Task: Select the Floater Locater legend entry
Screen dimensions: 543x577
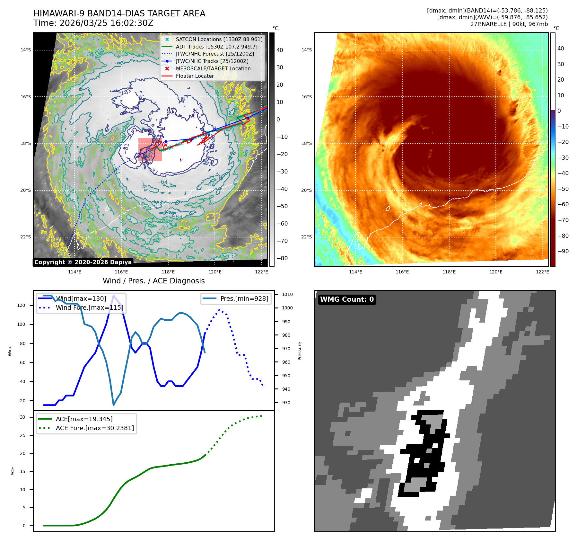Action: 195,76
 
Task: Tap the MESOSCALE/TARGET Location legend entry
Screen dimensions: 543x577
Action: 213,68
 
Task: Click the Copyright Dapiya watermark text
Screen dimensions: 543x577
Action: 83,262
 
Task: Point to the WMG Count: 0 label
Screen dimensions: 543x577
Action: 347,299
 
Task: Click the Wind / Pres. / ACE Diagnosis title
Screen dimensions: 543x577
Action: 153,281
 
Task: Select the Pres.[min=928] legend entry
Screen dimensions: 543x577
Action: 244,298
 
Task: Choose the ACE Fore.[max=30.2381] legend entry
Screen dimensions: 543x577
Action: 95,428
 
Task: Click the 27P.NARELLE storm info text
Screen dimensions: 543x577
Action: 509,24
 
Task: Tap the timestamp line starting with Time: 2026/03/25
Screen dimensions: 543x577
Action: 93,23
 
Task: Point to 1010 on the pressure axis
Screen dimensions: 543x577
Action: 287,294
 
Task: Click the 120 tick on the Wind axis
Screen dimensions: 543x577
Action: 21,305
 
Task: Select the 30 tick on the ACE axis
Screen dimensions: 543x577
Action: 22,417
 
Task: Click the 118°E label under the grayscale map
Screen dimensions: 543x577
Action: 168,272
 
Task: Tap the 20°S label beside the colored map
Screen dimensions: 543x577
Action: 306,190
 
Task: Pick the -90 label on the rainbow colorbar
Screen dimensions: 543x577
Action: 563,251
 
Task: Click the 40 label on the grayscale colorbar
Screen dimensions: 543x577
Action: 280,50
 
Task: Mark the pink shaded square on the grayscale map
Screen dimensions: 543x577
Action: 150,150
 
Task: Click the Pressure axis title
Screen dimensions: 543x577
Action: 300,351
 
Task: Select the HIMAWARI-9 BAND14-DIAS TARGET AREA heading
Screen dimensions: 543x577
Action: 119,13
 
